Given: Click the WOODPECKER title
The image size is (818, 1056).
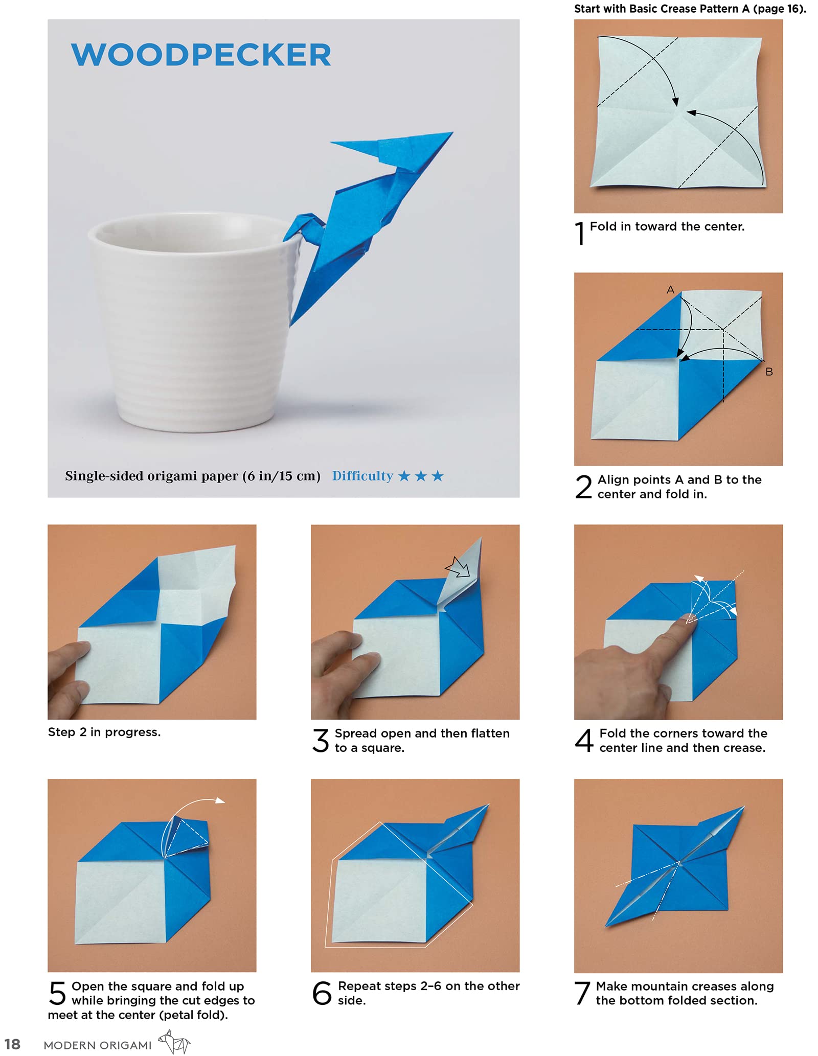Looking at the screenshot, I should click(201, 55).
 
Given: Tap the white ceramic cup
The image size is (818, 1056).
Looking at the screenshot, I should click(194, 327).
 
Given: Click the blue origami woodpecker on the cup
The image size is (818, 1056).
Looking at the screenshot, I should click(358, 215).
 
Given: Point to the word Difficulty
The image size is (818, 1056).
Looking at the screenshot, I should click(362, 476).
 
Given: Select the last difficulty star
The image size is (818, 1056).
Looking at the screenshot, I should click(438, 476).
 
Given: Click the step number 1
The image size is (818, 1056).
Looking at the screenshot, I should click(580, 233).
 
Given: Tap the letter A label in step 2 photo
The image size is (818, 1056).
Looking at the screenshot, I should click(670, 290).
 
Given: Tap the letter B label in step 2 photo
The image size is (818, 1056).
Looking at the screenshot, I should click(769, 372).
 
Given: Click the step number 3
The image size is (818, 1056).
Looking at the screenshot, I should click(321, 741).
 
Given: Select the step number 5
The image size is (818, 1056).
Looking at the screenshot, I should click(57, 994).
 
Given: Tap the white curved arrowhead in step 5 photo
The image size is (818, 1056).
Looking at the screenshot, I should click(220, 800).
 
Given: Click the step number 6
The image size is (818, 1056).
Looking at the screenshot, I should click(322, 993).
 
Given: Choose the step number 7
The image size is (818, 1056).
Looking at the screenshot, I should click(583, 993).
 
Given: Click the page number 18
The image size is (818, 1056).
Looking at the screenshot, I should click(12, 1044).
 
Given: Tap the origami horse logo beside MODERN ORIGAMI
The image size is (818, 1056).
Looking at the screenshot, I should click(174, 1042).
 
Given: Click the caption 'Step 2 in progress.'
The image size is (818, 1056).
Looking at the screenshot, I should click(104, 732).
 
